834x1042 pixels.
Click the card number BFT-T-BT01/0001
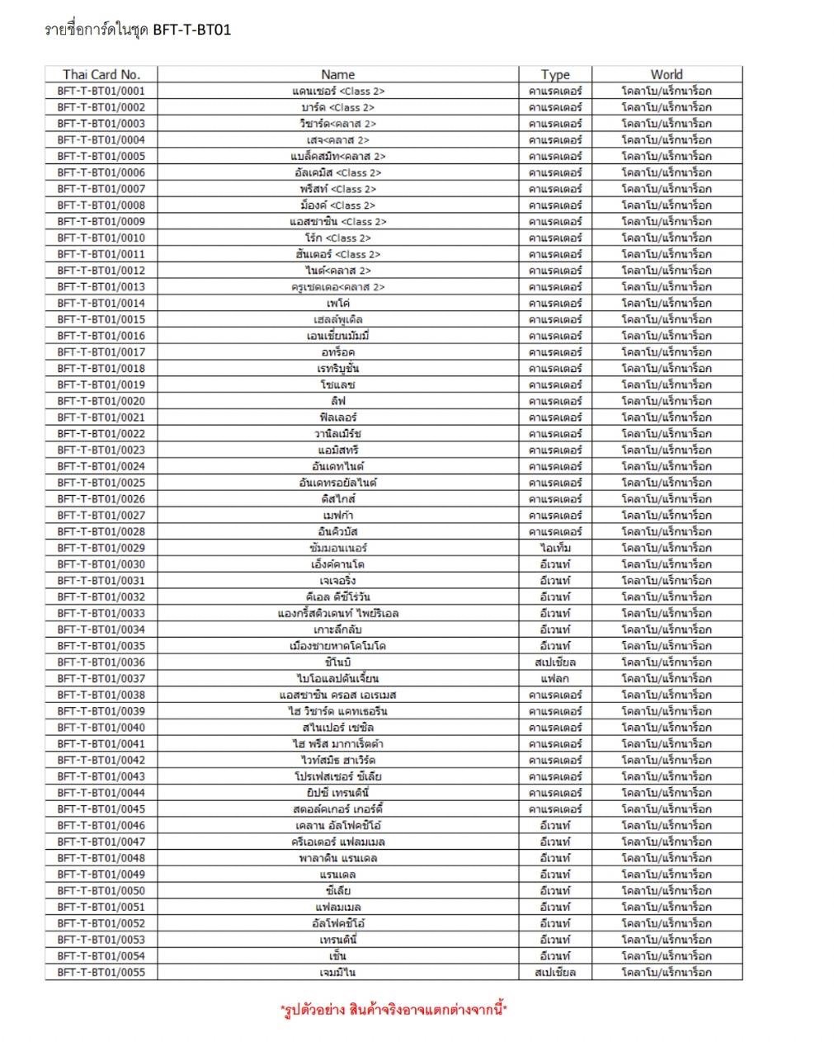(101, 91)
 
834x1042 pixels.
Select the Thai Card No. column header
(101, 74)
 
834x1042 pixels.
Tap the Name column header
(337, 74)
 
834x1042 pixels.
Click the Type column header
(555, 74)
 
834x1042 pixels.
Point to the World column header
(667, 74)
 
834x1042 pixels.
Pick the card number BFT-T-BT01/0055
(101, 972)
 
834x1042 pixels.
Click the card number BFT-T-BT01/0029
(101, 548)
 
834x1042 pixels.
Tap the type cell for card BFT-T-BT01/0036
(555, 662)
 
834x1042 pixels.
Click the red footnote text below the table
(393, 1009)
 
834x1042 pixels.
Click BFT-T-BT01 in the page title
(192, 31)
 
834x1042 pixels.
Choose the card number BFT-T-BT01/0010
(101, 238)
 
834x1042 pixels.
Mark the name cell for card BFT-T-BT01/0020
(337, 401)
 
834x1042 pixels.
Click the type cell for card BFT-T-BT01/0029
(555, 548)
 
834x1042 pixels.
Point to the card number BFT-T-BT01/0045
(101, 809)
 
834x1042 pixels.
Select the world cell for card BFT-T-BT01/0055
(667, 972)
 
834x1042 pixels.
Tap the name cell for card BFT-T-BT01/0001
(337, 91)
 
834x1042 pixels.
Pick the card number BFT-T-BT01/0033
(101, 613)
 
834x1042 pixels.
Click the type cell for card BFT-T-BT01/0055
(555, 972)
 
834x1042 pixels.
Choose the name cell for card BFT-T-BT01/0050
(337, 890)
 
